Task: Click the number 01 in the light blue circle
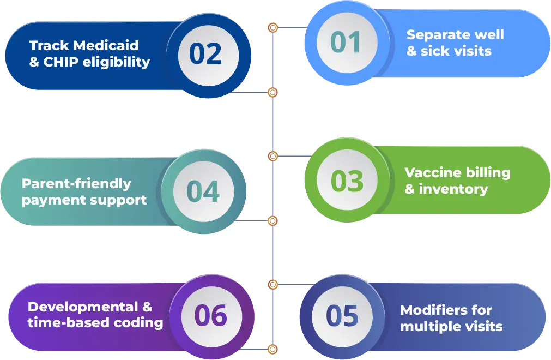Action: [346, 42]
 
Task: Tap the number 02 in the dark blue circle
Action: [205, 54]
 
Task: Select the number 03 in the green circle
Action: [347, 181]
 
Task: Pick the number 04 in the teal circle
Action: [203, 191]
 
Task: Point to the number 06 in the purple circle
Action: [210, 315]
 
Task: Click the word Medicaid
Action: [106, 45]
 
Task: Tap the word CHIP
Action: [61, 62]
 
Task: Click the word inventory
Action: [453, 189]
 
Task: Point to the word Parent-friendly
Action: [76, 184]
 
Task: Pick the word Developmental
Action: [83, 307]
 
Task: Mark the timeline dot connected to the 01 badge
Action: [273, 28]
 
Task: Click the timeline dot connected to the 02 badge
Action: [273, 93]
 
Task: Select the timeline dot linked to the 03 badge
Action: [273, 156]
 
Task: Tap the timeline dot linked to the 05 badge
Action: [273, 284]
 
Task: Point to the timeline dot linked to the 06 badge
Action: [273, 350]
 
